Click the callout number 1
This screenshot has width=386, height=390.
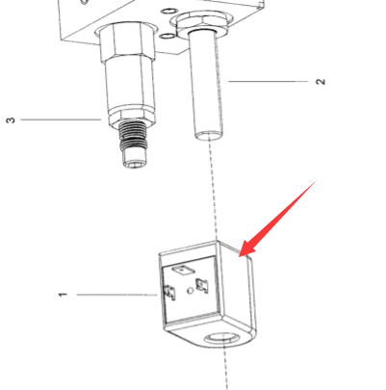point(64,295)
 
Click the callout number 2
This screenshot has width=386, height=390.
point(321,82)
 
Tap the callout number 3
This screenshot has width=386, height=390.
point(11,120)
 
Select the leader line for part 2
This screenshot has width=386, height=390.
point(268,82)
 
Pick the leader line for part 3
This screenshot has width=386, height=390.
point(61,119)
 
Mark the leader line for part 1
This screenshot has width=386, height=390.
point(117,295)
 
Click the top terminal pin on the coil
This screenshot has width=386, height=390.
point(183,271)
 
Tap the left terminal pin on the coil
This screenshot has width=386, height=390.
point(169,292)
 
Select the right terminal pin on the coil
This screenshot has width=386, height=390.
point(202,285)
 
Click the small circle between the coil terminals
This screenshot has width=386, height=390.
point(191,291)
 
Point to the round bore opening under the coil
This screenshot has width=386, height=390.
point(222,338)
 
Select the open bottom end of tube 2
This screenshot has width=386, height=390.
point(209,135)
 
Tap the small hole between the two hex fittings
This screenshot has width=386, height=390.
point(167,36)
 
